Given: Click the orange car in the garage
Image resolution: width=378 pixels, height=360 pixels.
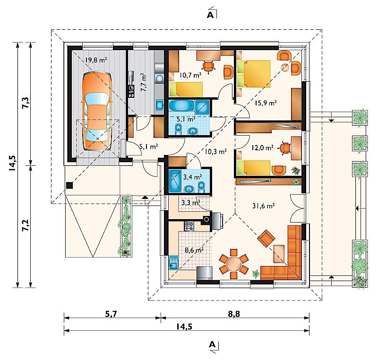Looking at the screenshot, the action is tap(97, 111).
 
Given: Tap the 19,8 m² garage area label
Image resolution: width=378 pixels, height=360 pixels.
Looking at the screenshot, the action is tap(96, 60).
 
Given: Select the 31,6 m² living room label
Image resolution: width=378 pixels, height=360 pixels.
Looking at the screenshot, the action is tap(264, 206).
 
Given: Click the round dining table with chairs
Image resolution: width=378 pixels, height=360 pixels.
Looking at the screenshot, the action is tap(233, 264).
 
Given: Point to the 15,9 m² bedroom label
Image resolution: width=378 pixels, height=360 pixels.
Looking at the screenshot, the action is tap(266, 103).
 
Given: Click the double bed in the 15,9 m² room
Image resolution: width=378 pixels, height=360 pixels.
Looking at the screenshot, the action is tap(254, 74).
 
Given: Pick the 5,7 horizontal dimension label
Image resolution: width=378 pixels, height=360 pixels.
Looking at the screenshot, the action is tap(112, 314).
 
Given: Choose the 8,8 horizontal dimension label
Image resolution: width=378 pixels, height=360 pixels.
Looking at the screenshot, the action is tap(234, 314).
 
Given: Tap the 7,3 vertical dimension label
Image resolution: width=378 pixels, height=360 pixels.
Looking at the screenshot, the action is tap(26, 103).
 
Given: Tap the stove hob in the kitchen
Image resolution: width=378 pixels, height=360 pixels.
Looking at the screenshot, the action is tap(189, 226).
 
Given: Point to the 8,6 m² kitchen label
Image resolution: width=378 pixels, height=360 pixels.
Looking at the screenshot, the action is tap(194, 250).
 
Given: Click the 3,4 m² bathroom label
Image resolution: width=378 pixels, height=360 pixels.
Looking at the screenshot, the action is tap(193, 177).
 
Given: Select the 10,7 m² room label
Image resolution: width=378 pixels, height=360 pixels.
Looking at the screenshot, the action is tap(190, 76).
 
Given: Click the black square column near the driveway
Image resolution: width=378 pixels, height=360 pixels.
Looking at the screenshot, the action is tap(69, 185).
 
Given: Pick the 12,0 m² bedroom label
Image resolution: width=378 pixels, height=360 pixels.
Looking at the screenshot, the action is tap(263, 148).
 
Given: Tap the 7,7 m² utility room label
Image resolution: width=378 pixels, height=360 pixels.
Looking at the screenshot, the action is tap(144, 82).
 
